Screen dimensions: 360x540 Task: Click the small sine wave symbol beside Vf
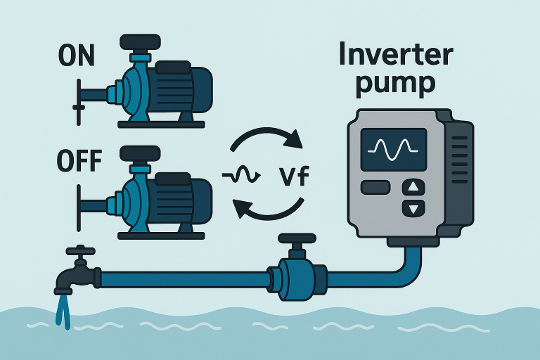(x=236, y=174)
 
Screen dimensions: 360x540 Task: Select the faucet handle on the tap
(x=82, y=250)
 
